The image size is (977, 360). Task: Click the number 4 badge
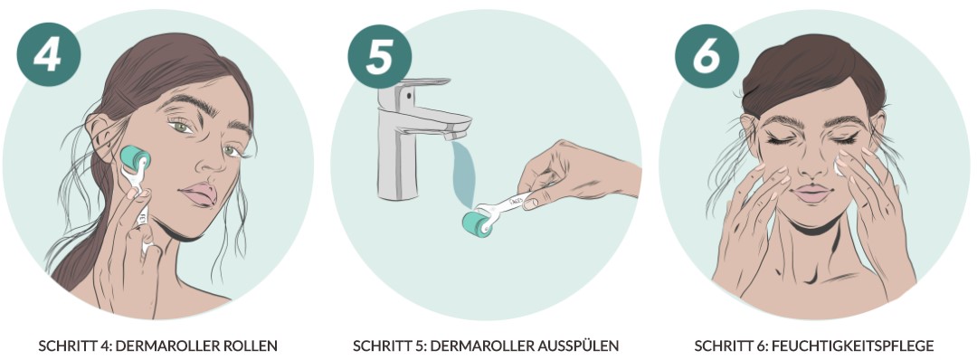tap(49, 54)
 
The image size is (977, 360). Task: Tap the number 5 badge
tap(379, 57)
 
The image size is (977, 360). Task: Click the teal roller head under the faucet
tap(478, 223)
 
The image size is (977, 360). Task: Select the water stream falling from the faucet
tap(465, 171)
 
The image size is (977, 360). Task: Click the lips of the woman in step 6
tap(811, 193)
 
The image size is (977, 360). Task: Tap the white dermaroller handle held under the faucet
tap(511, 204)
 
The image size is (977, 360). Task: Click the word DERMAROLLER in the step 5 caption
tap(495, 346)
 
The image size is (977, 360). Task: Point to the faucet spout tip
tap(458, 133)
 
